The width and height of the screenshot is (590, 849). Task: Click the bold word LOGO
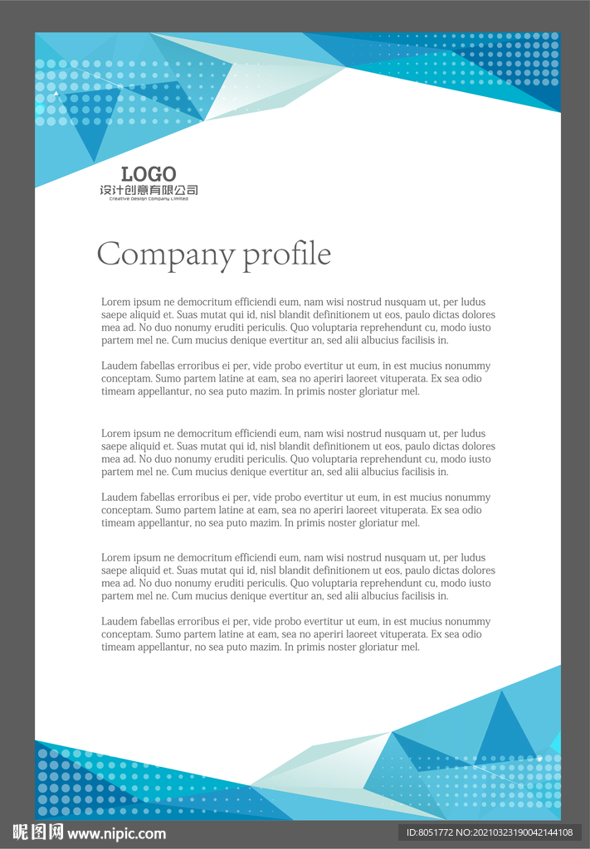[149, 174]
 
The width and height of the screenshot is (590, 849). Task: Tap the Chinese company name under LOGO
[149, 191]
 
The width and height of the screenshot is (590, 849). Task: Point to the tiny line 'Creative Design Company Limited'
[149, 199]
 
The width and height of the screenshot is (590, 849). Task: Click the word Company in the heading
[166, 254]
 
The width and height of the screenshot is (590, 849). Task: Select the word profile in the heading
[286, 254]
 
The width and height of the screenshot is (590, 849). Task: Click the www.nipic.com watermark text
[116, 833]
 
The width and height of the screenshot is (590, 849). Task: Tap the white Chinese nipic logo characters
[38, 832]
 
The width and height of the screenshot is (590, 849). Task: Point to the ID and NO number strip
[489, 832]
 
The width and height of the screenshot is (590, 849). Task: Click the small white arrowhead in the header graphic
[56, 94]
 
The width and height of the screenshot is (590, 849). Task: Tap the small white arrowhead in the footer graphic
[539, 758]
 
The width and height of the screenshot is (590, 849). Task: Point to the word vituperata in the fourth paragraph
[396, 510]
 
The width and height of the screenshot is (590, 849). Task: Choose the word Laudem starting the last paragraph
[119, 621]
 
